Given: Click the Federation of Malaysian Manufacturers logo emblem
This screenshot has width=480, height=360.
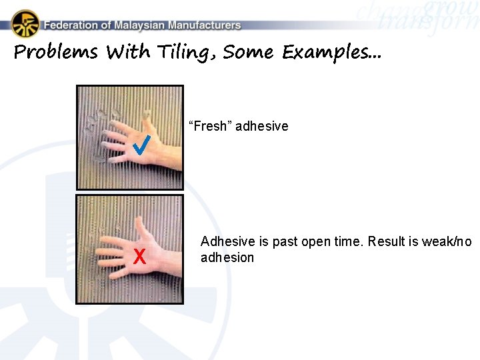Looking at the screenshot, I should [x=25, y=23].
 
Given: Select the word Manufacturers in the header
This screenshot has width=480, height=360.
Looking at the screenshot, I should [x=204, y=25].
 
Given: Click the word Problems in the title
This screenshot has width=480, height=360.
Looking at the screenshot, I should [x=55, y=53].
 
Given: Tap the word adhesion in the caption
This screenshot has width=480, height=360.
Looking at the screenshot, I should [x=227, y=257].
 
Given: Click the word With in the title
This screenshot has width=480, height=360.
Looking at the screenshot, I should [x=129, y=53].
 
